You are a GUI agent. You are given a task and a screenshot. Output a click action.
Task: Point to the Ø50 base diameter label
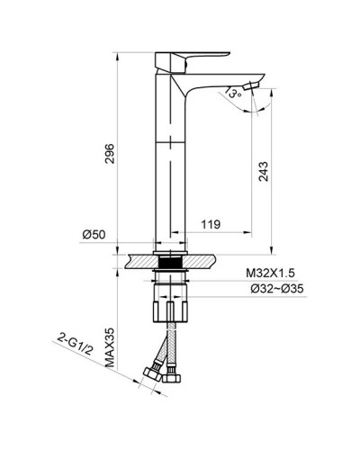point(94,234)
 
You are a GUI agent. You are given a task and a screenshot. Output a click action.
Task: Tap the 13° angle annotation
point(232,91)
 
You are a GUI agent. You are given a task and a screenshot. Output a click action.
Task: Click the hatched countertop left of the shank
point(140,262)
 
